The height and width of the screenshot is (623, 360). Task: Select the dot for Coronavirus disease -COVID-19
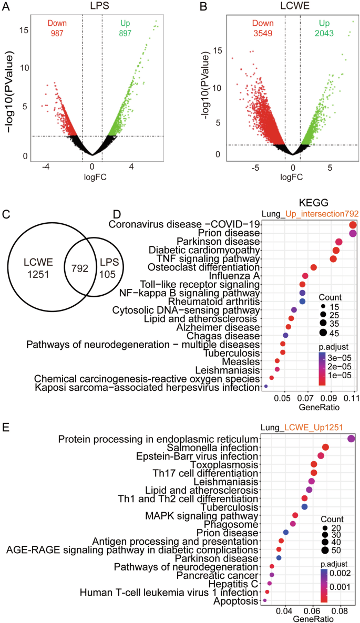click(353, 225)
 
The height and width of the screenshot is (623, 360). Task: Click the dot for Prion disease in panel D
click(353, 233)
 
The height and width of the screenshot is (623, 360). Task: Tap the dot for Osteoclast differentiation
click(314, 267)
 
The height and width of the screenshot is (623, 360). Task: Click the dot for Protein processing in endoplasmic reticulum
click(351, 439)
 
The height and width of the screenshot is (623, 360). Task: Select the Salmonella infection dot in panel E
click(325, 447)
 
